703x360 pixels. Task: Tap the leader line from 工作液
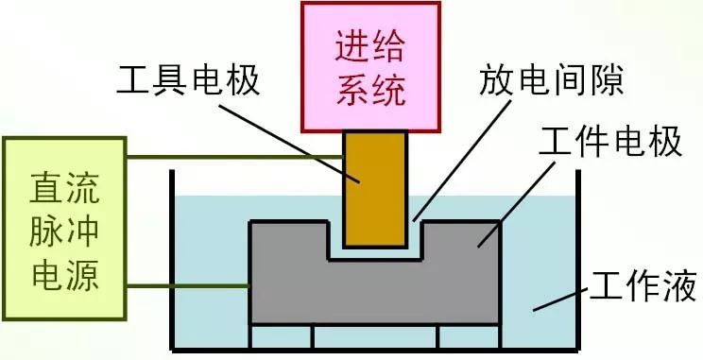561,298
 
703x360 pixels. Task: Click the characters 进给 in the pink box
370,43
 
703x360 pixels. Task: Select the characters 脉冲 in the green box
64,230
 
